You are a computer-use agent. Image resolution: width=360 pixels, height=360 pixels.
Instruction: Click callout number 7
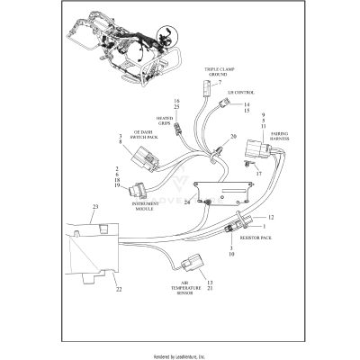218,82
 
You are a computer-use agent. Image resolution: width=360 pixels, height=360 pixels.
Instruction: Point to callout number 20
233,137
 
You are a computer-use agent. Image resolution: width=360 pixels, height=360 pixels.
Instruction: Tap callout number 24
187,202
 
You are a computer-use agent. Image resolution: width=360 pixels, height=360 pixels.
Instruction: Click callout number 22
118,289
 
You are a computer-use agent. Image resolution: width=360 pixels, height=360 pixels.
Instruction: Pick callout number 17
258,172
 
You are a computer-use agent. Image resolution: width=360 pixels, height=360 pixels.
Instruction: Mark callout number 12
270,218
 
